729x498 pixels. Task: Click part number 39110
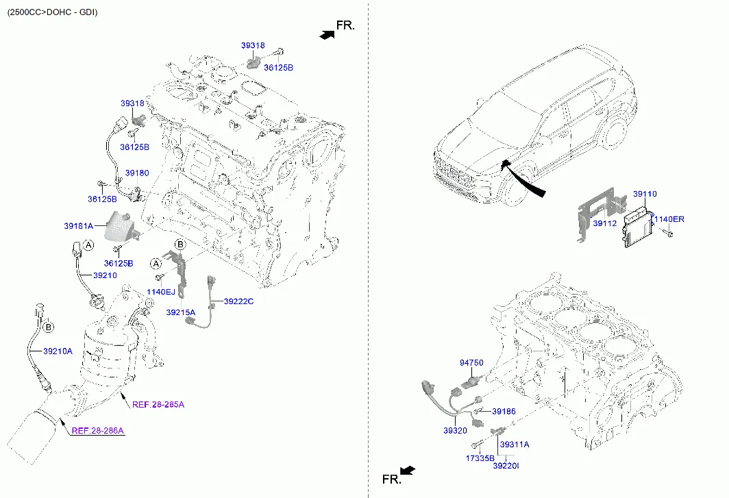[x=644, y=195]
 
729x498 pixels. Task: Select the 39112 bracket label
[x=604, y=223]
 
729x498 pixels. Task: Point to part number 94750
[x=471, y=362]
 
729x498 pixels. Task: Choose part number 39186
[x=504, y=412]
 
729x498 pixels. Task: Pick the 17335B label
[x=480, y=458]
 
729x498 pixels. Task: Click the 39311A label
[x=515, y=445]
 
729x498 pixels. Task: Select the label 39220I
[x=506, y=466]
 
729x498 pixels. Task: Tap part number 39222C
[x=238, y=301]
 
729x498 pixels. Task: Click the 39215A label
[x=180, y=312]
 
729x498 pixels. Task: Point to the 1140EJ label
[x=161, y=292]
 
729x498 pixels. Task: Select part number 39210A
[x=58, y=351]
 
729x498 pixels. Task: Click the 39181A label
[x=78, y=225]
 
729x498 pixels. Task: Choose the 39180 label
[x=136, y=173]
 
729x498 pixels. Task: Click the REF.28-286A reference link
[x=97, y=430]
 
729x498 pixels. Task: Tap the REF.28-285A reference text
[x=158, y=404]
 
